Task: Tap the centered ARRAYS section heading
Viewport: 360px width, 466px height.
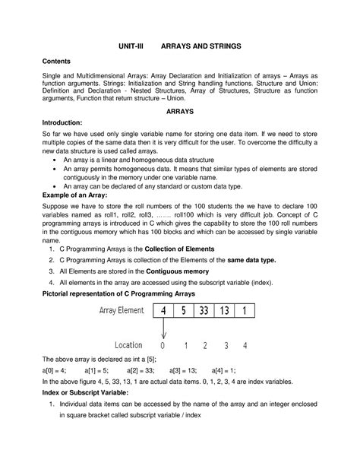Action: coord(180,111)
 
